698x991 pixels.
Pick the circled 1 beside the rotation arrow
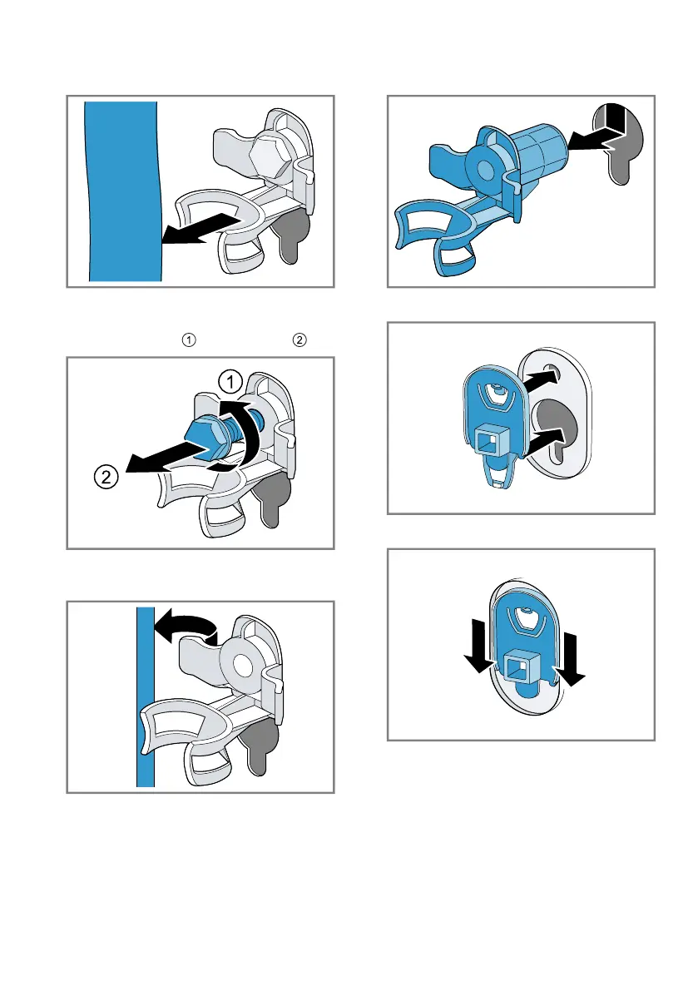(x=230, y=382)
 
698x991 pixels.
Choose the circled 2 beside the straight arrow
(x=106, y=476)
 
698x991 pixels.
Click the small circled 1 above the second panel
(x=189, y=340)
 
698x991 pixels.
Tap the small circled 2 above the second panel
(x=299, y=340)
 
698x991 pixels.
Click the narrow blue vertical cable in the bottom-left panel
(x=146, y=697)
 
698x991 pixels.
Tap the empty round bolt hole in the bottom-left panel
(x=241, y=665)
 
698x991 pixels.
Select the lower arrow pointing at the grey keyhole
(x=543, y=440)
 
